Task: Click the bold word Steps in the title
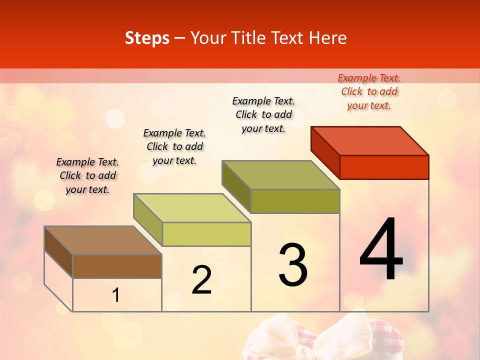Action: point(147,38)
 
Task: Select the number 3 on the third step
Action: point(293,265)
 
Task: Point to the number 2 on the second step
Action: point(201,280)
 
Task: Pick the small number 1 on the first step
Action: point(115,295)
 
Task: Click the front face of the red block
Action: point(384,167)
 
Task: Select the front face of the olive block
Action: point(295,201)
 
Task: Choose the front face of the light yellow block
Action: point(206,234)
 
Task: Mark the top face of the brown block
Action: point(103,240)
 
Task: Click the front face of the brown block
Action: point(117,266)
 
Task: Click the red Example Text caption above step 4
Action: point(369,91)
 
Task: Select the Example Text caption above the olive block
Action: point(263,114)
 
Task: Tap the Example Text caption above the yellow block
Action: point(174,146)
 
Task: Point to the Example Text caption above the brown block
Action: point(87,175)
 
